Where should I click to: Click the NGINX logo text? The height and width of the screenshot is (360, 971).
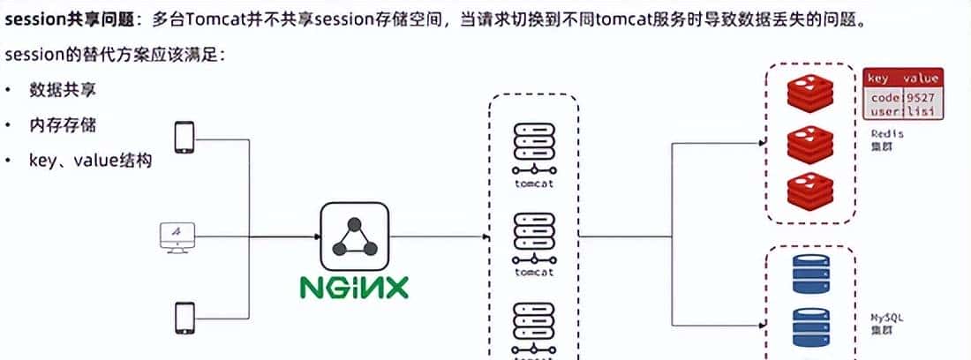(x=353, y=287)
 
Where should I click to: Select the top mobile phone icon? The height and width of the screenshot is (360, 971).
(x=184, y=138)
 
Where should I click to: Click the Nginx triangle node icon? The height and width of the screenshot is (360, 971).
(x=353, y=236)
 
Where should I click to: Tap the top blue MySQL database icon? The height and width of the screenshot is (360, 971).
(x=809, y=274)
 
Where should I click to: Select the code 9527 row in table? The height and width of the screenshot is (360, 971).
(x=902, y=97)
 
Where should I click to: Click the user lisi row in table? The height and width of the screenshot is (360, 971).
(x=902, y=112)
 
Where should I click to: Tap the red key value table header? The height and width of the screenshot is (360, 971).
(x=902, y=79)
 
